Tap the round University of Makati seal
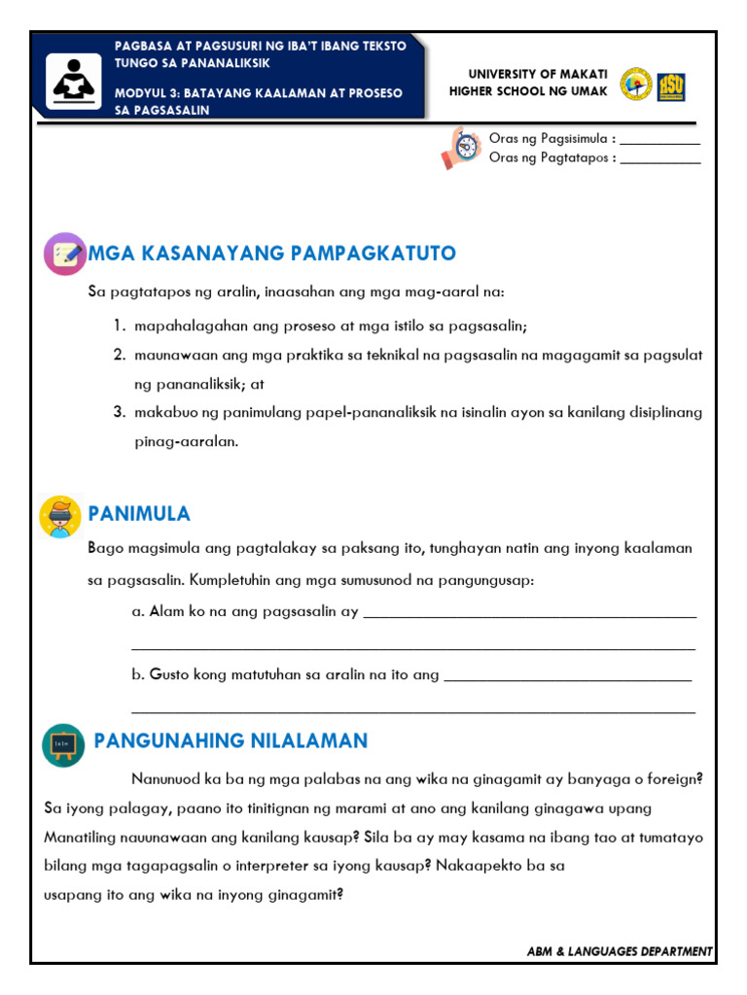click(x=636, y=85)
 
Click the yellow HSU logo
click(x=671, y=86)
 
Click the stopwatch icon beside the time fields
click(x=462, y=148)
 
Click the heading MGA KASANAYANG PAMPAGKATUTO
click(x=272, y=254)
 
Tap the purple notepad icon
click(x=65, y=254)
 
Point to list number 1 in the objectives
click(x=118, y=326)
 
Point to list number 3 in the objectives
click(x=118, y=412)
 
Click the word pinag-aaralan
click(x=186, y=441)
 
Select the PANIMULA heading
click(x=139, y=513)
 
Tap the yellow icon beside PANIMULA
click(x=60, y=516)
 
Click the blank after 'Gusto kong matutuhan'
click(x=568, y=674)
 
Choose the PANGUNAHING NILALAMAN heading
click(x=231, y=740)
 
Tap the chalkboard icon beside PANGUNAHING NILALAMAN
click(x=63, y=744)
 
